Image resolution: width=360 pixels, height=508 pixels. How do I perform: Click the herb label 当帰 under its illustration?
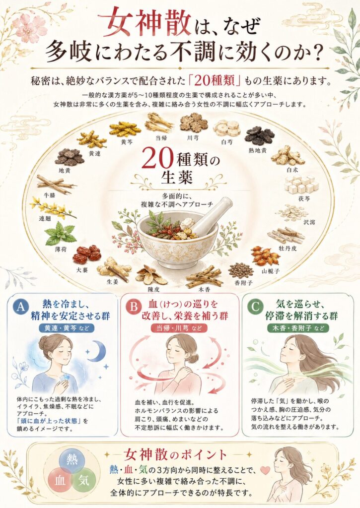pos(161,138)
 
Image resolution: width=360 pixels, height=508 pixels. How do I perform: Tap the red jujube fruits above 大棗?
pos(87,254)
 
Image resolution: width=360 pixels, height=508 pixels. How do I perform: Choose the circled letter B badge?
pos(133,307)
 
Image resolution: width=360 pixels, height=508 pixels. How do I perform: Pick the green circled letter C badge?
pos(255,307)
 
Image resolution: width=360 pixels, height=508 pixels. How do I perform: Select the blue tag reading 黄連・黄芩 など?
pos(67,328)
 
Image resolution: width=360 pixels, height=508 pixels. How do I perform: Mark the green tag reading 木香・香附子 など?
pos(298,328)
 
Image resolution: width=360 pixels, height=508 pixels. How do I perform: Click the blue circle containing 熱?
pos(72,460)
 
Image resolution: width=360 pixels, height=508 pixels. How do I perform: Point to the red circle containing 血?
pos(60,480)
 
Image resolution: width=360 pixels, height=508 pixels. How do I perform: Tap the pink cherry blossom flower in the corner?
pos(31,26)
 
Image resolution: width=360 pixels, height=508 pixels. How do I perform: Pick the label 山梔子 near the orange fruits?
pos(271,271)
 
